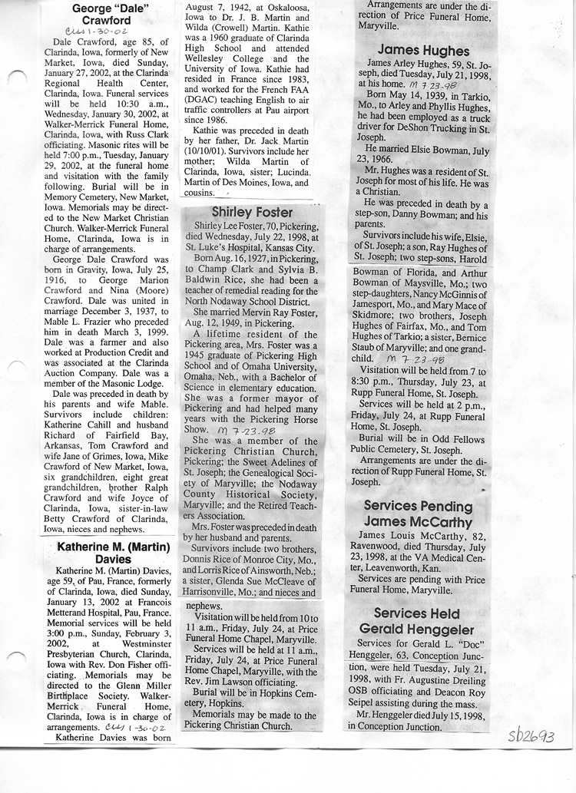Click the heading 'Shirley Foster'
point(252,212)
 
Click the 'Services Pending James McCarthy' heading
point(418,514)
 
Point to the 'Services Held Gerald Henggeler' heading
point(419,621)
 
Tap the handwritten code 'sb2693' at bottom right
point(531,736)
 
